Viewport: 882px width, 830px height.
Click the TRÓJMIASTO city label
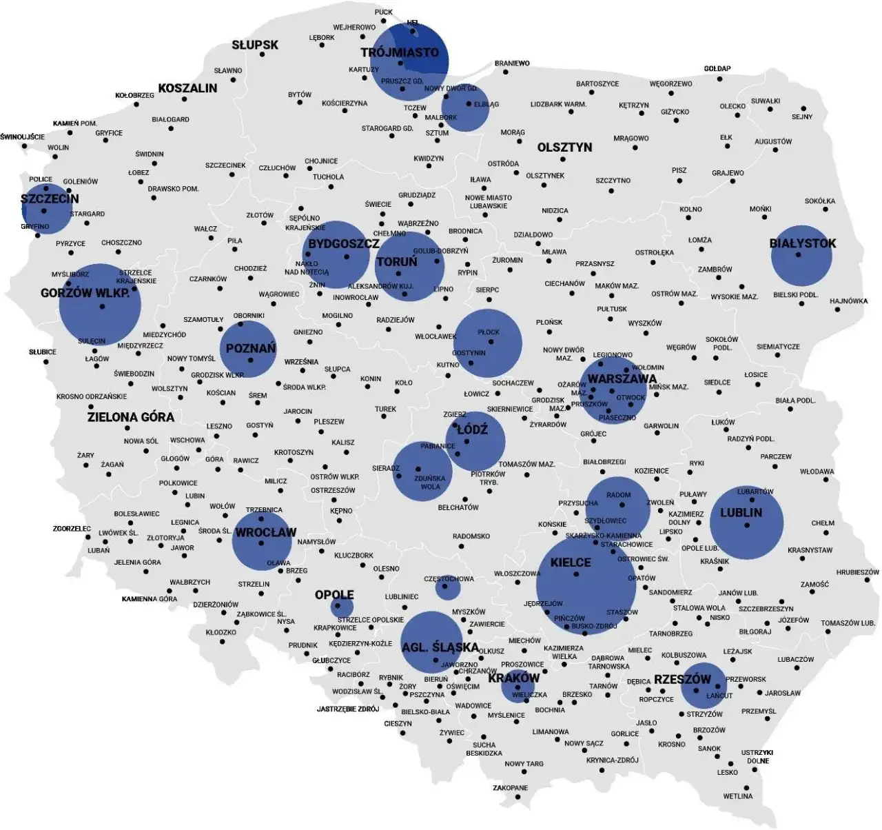point(400,52)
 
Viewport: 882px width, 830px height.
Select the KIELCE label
point(571,563)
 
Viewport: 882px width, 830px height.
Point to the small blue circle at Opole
point(342,607)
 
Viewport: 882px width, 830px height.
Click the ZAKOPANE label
point(511,788)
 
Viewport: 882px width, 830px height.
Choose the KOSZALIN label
point(187,88)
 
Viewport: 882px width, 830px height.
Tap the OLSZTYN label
point(564,148)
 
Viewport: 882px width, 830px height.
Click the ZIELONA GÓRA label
point(131,417)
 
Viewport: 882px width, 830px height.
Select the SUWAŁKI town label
point(766,101)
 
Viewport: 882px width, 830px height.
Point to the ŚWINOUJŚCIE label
point(23,136)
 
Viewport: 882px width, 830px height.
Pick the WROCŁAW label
point(266,532)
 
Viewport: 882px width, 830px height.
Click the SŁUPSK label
point(255,45)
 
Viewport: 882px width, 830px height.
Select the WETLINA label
point(737,796)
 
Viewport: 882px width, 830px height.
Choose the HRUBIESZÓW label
point(858,572)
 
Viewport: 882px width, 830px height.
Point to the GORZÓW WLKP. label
point(85,294)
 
